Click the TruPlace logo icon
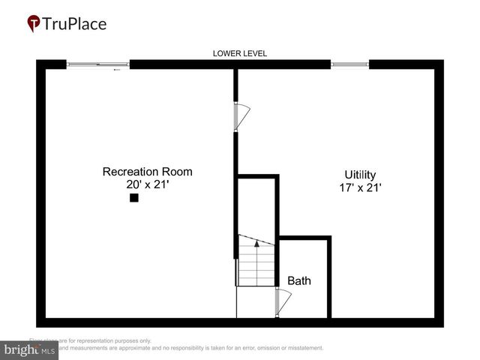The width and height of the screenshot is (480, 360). (x=34, y=24)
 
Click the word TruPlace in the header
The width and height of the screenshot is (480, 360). (x=74, y=24)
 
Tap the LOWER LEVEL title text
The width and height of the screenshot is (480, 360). (x=239, y=53)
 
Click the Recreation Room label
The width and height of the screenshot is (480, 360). (x=147, y=172)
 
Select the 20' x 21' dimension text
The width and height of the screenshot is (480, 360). (x=147, y=185)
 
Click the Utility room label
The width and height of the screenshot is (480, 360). (x=360, y=174)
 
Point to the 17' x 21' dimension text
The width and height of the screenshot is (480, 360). (x=360, y=188)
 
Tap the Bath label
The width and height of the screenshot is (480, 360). (x=299, y=281)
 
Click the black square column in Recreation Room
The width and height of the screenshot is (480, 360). (x=134, y=198)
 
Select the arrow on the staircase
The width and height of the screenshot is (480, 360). (x=256, y=242)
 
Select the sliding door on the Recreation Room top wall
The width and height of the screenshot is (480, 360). (x=98, y=65)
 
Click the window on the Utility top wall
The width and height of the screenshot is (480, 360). (x=349, y=65)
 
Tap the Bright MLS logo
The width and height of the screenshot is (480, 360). (x=29, y=349)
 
